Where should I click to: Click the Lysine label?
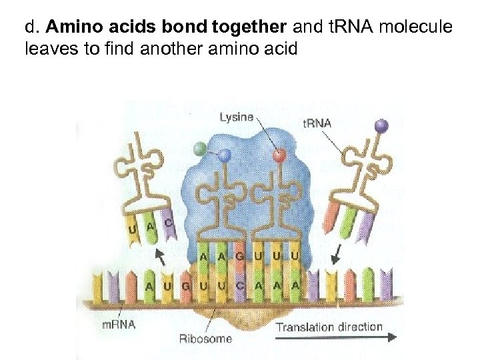(x=236, y=117)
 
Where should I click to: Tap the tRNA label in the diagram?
(x=317, y=123)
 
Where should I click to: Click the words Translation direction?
(x=329, y=327)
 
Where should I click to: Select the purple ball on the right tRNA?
(x=381, y=124)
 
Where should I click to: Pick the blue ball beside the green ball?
(x=225, y=155)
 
